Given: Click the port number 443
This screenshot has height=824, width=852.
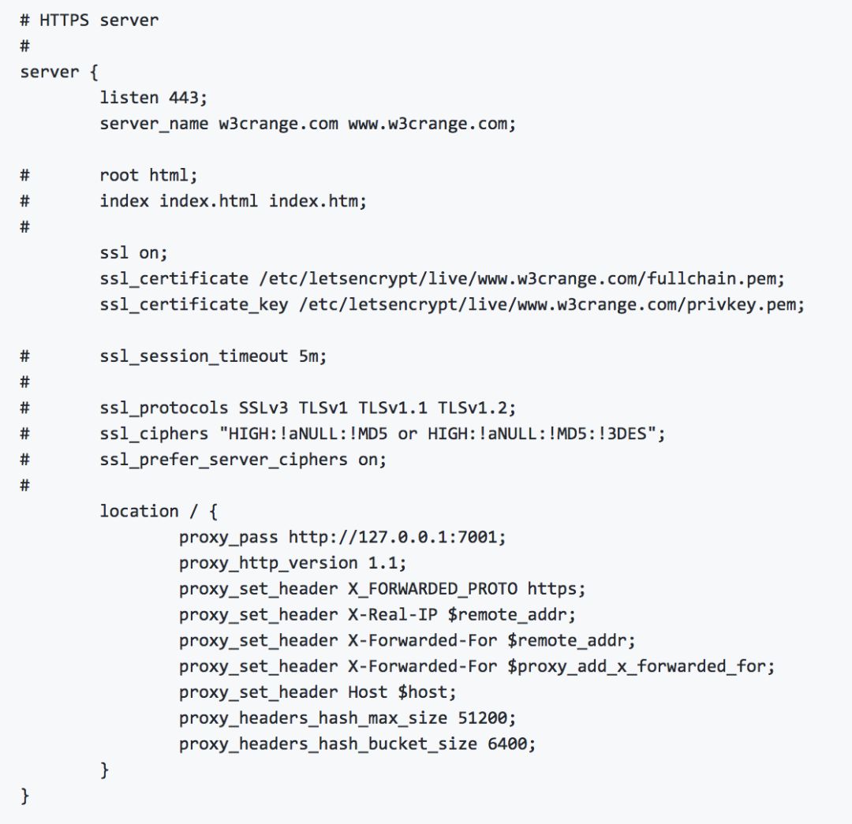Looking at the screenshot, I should [x=187, y=98].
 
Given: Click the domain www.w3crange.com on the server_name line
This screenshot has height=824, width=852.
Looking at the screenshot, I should [x=432, y=124].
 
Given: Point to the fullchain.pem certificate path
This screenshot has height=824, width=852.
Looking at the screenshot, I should [x=521, y=278].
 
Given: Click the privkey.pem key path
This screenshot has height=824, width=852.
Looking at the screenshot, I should [x=551, y=304].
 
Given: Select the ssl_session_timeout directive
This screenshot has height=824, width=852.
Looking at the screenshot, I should [x=194, y=356].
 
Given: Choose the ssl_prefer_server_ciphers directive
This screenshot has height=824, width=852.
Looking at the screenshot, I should [x=223, y=459].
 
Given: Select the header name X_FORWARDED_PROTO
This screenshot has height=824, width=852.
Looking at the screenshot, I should [x=432, y=588].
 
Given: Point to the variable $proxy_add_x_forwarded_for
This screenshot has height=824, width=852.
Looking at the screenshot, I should [x=641, y=666].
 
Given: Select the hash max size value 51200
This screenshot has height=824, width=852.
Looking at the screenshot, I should [x=487, y=718].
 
